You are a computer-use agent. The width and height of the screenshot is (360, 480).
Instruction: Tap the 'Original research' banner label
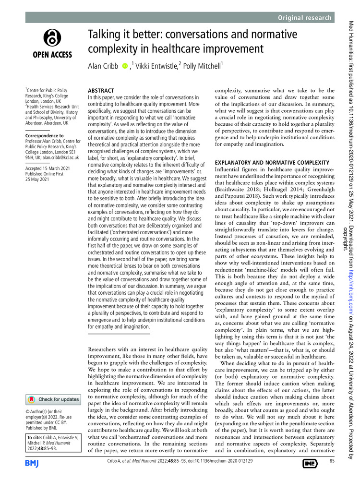(305, 18)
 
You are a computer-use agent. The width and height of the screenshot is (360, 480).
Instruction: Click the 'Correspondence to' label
(44, 136)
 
